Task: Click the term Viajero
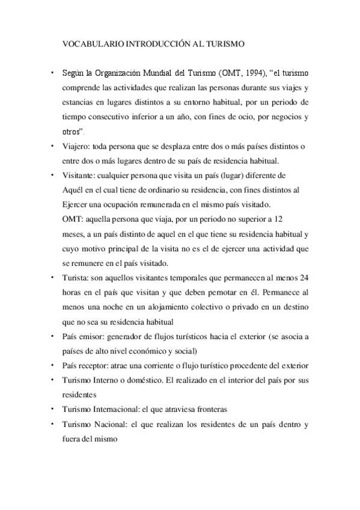point(75,146)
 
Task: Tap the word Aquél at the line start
point(73,189)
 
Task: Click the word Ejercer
point(75,204)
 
